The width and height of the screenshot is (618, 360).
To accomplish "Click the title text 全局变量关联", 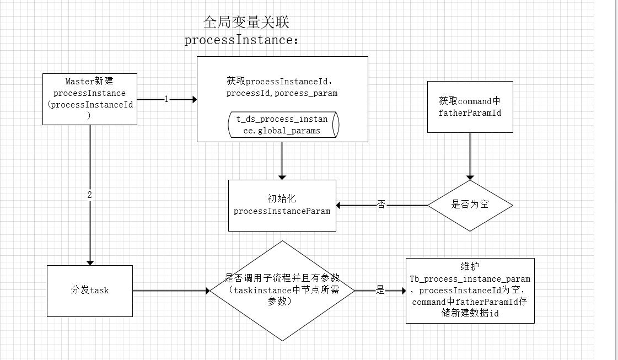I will (246, 23).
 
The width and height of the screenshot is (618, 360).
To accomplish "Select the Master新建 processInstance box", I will (90, 99).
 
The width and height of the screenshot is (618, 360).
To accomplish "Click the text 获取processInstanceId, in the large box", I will (282, 81).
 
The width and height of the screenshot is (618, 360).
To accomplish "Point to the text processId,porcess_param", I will (282, 93).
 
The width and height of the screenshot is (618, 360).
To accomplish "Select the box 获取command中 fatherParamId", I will (470, 106).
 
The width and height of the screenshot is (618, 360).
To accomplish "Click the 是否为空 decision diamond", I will (470, 205).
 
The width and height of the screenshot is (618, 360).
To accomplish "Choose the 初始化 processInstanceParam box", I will (282, 205).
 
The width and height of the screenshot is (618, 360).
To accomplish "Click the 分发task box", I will (90, 291).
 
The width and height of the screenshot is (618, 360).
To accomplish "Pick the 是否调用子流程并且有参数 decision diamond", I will (282, 291).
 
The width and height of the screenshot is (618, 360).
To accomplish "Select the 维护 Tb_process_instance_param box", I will (470, 291).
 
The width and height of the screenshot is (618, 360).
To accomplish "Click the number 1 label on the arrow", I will (166, 99).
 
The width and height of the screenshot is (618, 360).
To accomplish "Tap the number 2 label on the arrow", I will (90, 195).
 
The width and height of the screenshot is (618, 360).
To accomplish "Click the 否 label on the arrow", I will (381, 205).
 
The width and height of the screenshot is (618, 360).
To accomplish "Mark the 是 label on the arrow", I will (380, 291).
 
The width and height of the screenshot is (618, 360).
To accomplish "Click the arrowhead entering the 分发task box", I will (90, 262).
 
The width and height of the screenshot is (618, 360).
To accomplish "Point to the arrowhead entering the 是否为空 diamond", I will (470, 177).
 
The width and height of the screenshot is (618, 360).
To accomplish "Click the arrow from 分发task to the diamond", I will (171, 291).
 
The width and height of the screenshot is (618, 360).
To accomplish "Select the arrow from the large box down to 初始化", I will (282, 160).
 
